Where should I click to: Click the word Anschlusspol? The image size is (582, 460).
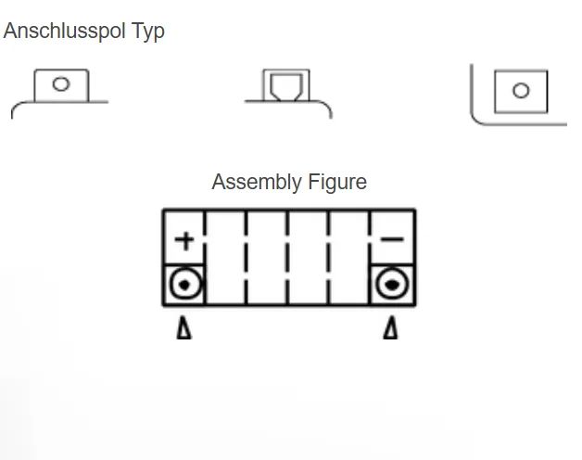pyautogui.click(x=65, y=31)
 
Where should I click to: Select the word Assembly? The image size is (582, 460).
pyautogui.click(x=255, y=182)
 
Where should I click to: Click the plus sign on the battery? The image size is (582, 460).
pyautogui.click(x=185, y=241)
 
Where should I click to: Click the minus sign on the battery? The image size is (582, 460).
pyautogui.click(x=392, y=240)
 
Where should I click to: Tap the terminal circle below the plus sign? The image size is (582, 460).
pyautogui.click(x=185, y=285)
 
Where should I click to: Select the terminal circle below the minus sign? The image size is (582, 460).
pyautogui.click(x=392, y=285)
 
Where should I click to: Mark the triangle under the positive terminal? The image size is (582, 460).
pyautogui.click(x=183, y=328)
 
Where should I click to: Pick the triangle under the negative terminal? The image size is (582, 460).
pyautogui.click(x=390, y=328)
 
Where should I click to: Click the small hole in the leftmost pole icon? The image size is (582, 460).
pyautogui.click(x=61, y=84)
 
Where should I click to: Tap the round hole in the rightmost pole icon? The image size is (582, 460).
pyautogui.click(x=521, y=91)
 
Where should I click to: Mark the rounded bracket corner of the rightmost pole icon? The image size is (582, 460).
pyautogui.click(x=477, y=117)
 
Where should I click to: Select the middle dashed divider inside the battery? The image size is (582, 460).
pyautogui.click(x=288, y=258)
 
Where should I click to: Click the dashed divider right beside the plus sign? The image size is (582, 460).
pyautogui.click(x=205, y=258)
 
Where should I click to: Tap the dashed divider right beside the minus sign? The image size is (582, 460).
pyautogui.click(x=371, y=258)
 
